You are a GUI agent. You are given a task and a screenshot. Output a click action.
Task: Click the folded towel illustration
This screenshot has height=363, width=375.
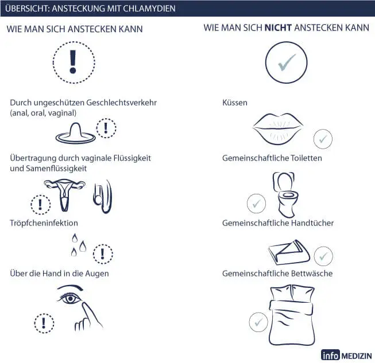click(x=289, y=253)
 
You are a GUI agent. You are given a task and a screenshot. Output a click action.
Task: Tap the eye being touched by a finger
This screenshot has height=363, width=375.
click(x=70, y=299)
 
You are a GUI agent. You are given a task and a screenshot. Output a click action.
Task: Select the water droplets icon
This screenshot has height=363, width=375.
click(x=79, y=245)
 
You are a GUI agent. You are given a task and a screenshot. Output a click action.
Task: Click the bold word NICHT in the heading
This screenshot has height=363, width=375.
click(x=278, y=28)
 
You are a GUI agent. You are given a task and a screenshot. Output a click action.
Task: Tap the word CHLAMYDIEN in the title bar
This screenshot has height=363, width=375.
click(x=149, y=9)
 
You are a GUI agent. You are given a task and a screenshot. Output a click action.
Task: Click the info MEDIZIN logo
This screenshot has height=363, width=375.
click(x=346, y=355)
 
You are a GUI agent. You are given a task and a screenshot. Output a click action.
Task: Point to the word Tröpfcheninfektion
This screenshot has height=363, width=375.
click(x=44, y=223)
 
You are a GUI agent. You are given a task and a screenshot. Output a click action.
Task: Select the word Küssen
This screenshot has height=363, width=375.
click(x=235, y=103)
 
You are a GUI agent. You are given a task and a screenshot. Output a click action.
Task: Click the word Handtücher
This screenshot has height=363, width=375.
click(x=312, y=223)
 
